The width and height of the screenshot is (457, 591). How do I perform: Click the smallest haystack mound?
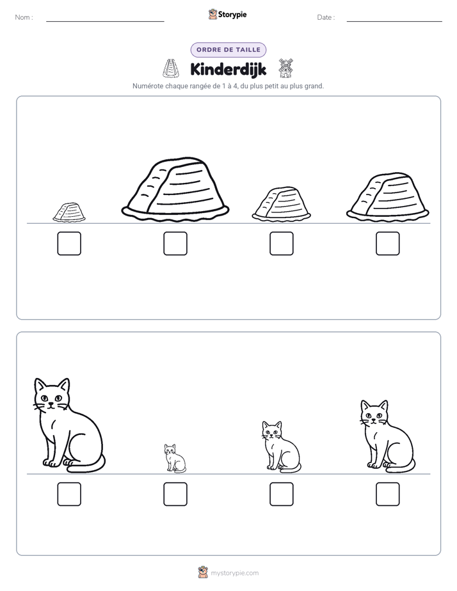click(69, 212)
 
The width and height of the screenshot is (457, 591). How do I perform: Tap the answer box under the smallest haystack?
click(69, 244)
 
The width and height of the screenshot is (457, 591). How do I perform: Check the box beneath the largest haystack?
click(175, 244)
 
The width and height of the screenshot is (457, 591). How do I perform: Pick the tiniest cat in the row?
click(175, 458)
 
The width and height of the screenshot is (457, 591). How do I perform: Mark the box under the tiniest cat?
click(175, 494)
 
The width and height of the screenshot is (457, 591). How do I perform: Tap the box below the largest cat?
click(69, 494)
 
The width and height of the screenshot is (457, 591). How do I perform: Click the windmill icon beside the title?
click(285, 68)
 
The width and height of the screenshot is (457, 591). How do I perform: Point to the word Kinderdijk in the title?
click(228, 69)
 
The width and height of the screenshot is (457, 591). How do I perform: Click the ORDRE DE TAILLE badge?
click(228, 50)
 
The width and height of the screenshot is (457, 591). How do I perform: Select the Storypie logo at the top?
click(227, 14)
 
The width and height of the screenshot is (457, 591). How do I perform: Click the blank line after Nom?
click(105, 21)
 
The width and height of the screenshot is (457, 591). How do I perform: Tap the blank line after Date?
click(394, 21)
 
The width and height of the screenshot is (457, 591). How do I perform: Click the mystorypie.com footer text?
click(234, 573)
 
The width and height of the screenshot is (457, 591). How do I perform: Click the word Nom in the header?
click(22, 17)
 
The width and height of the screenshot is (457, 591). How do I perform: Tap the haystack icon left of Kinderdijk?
click(170, 68)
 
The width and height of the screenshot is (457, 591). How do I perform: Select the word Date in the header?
click(325, 17)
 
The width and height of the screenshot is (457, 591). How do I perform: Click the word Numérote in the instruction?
click(148, 86)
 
